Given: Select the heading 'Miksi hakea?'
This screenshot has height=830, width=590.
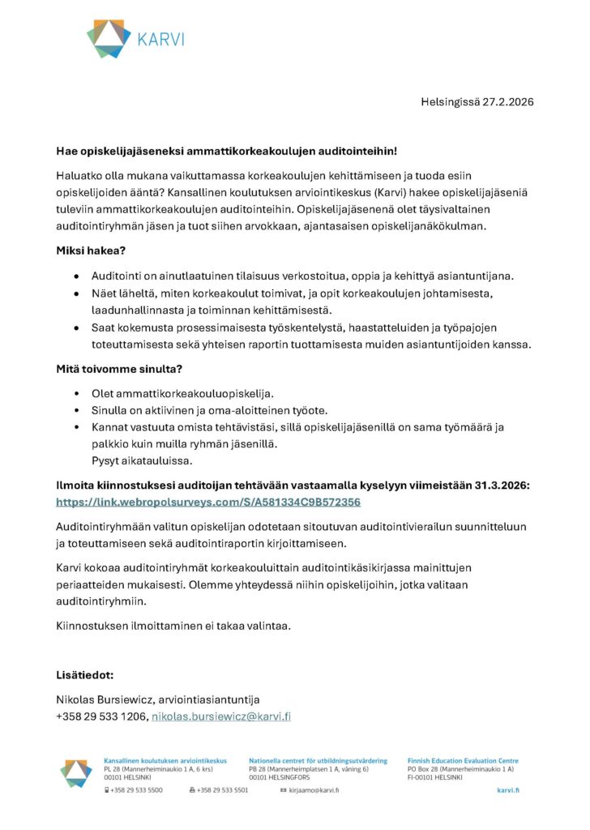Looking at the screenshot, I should click(91, 252).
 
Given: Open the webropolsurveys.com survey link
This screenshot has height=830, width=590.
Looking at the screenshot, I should click(207, 502).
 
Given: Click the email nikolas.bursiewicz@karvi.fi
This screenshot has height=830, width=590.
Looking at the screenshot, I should click(221, 717).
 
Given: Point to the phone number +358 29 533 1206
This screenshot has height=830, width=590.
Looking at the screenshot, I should click(101, 717).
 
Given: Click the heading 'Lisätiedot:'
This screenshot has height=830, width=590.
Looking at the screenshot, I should click(85, 674).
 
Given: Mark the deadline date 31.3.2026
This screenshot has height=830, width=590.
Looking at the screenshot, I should click(502, 485).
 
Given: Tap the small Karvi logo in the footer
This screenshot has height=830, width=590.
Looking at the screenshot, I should click(76, 773).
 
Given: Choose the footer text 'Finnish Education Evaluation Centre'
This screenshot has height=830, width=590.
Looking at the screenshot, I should click(463, 761).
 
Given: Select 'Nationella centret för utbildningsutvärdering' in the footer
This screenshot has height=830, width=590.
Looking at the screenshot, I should click(318, 761).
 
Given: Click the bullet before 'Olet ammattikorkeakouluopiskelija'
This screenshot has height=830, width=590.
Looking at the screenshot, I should click(76, 393).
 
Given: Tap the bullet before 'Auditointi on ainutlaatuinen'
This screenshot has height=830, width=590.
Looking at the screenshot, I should click(76, 275).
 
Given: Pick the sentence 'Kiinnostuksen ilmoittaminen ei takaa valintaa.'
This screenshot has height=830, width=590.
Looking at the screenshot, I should click(173, 626).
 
